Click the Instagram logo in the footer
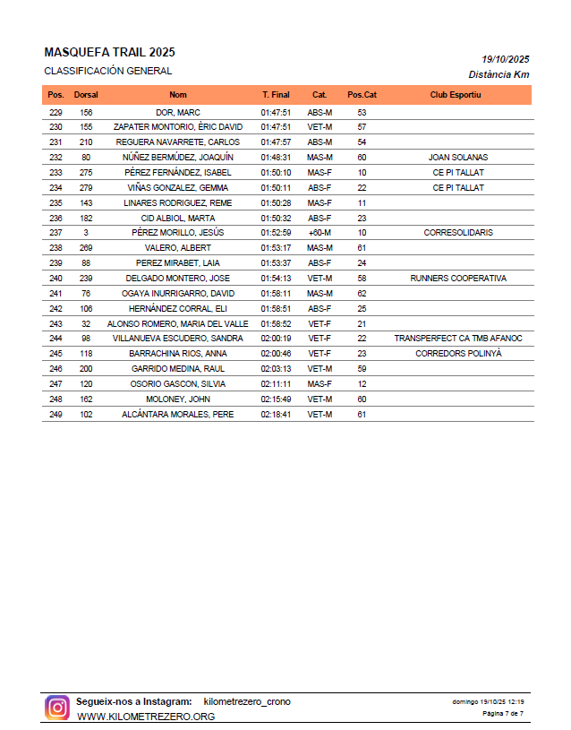point(57,708)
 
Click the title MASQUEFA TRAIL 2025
point(109,53)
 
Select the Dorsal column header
point(86,95)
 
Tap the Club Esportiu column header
point(456,95)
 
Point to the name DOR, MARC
point(178,113)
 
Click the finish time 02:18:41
point(277,415)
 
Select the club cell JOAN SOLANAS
point(458,158)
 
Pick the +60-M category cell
point(320,233)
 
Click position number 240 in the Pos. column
point(55,279)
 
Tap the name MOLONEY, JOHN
point(178,399)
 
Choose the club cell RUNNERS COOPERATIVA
point(458,279)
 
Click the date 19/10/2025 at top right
point(506,58)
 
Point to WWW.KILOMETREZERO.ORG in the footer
point(146,717)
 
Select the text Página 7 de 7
point(503,714)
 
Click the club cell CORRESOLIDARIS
point(458,233)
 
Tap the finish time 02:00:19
point(277,339)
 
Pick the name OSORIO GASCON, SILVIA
point(178,384)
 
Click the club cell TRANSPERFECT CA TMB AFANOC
point(458,339)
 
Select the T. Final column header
point(276,95)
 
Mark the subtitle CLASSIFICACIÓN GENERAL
point(108,71)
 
